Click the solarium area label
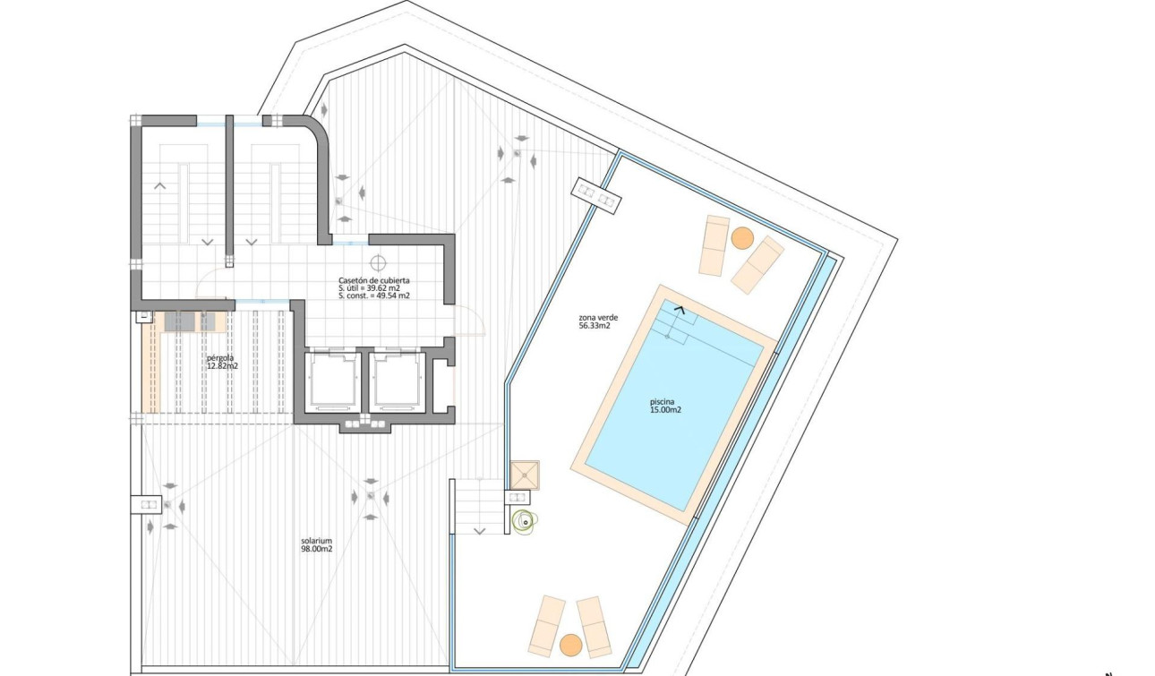317,541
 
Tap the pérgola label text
219,358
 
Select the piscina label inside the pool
665,402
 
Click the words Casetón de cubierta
374,279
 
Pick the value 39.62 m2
390,287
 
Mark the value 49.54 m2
394,295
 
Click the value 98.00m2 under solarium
317,549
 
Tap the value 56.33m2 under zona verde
595,326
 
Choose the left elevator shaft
332,381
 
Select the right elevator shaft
398,381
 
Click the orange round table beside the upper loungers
741,237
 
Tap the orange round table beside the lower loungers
570,644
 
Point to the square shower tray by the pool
526,474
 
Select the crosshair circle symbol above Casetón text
378,263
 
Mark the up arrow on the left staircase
161,185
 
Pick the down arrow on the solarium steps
479,531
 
